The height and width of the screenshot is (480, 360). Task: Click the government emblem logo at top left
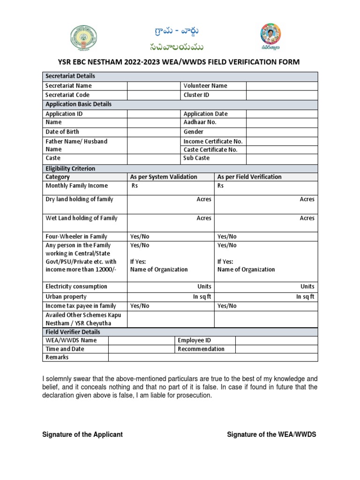(85, 37)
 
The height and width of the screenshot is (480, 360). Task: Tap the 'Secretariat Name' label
(68, 86)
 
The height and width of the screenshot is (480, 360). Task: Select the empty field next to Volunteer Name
(282, 86)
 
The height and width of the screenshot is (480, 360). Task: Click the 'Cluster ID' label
(196, 95)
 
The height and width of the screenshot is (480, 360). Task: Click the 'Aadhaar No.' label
(200, 122)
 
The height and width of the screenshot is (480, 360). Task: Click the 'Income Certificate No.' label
(213, 141)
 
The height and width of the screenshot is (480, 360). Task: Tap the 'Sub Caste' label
(196, 158)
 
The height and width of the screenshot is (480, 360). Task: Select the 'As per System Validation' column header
(164, 177)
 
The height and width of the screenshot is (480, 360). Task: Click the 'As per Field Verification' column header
(249, 177)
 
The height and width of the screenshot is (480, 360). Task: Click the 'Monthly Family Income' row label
(76, 186)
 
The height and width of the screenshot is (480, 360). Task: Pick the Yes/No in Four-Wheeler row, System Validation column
(140, 237)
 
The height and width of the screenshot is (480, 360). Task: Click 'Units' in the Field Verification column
(307, 286)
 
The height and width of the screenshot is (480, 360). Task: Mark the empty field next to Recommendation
(276, 349)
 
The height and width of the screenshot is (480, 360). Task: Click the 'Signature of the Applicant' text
(82, 435)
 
